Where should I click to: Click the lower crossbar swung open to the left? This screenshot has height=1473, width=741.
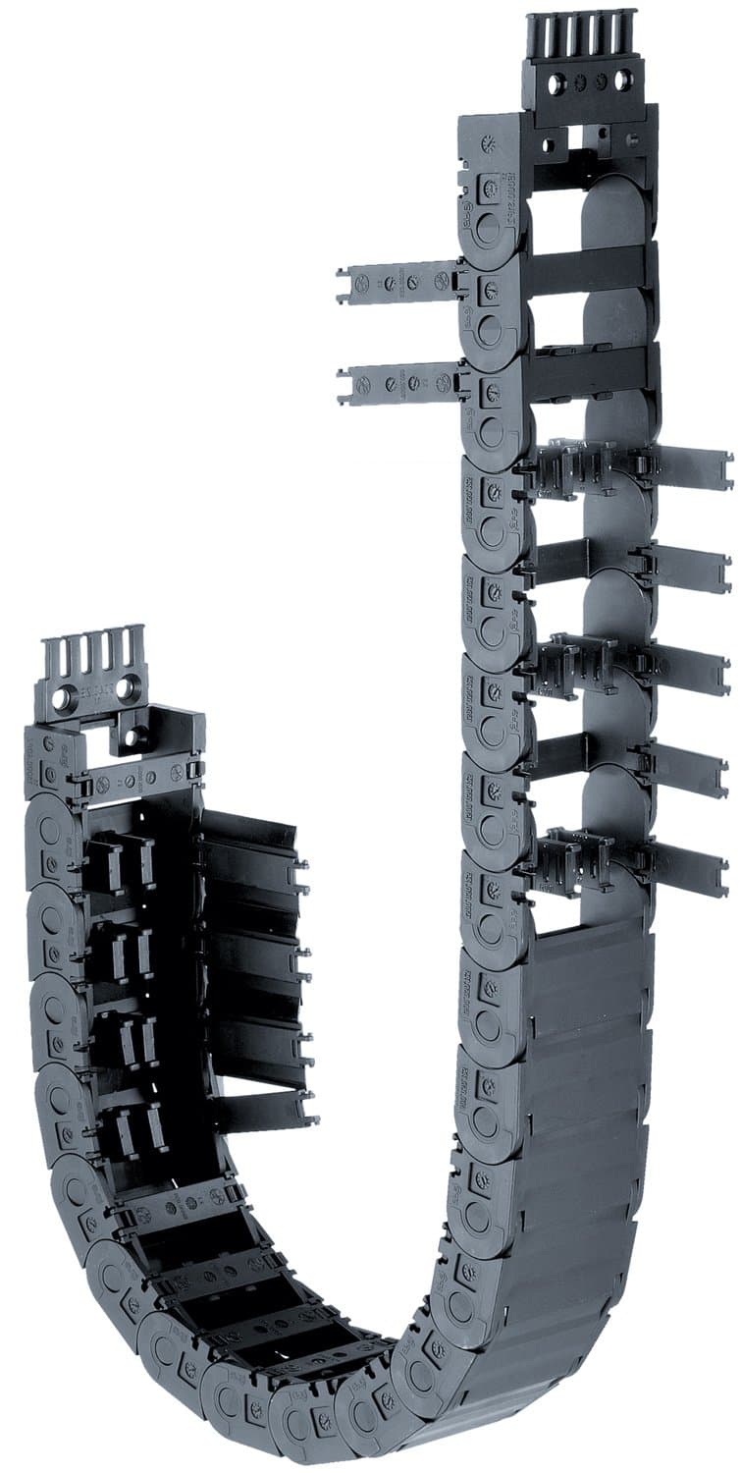[397, 382]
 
